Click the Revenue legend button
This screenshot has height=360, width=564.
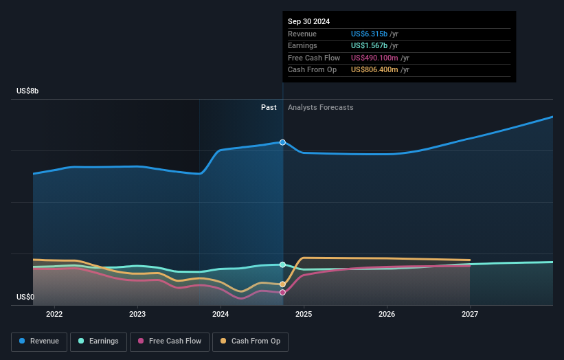[x=40, y=341]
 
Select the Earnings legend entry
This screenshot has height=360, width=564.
[x=98, y=341]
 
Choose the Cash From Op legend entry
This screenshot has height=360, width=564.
[x=251, y=341]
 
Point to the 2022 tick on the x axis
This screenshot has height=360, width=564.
[x=54, y=314]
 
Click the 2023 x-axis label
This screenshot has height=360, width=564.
[x=137, y=314]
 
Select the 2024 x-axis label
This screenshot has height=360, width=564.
[x=221, y=314]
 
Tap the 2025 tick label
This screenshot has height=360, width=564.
[x=304, y=314]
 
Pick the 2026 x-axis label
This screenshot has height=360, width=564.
[x=387, y=314]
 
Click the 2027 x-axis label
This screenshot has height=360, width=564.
[x=470, y=314]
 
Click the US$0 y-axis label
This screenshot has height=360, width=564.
[x=25, y=297]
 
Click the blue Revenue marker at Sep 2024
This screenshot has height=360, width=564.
[x=282, y=142]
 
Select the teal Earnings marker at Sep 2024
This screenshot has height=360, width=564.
[x=282, y=265]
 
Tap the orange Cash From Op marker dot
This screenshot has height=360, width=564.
[x=282, y=284]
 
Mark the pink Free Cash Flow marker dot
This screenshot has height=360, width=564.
[x=282, y=292]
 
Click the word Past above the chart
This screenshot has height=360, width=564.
[x=269, y=107]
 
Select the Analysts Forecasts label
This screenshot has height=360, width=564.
[x=321, y=107]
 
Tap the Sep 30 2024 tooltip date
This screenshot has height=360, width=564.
[x=308, y=21]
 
